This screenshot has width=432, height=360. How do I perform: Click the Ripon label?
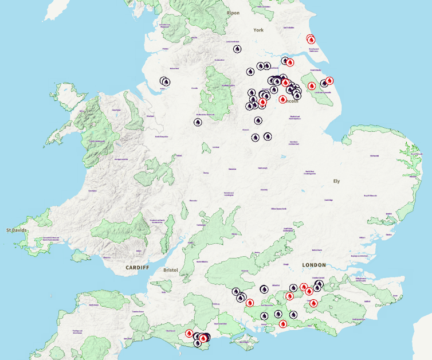(x=233, y=13)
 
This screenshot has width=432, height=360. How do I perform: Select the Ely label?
(x=336, y=181)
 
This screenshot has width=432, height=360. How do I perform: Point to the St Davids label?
(x=16, y=230)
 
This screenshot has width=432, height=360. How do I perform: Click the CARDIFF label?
(x=137, y=268)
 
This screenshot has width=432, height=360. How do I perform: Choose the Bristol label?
(x=171, y=269)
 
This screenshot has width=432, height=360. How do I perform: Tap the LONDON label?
(x=313, y=265)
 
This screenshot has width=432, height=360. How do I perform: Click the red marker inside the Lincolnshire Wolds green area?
(x=312, y=86)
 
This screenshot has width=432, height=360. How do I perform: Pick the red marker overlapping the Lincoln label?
(x=282, y=99)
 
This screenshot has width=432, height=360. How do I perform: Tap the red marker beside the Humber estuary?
(x=290, y=62)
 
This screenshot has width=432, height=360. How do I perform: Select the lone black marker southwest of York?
(x=237, y=49)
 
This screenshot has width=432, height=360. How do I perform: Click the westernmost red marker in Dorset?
(x=189, y=333)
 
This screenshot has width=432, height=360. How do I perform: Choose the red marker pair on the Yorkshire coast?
(x=311, y=39)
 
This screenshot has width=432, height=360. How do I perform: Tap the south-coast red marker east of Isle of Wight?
(x=282, y=324)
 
